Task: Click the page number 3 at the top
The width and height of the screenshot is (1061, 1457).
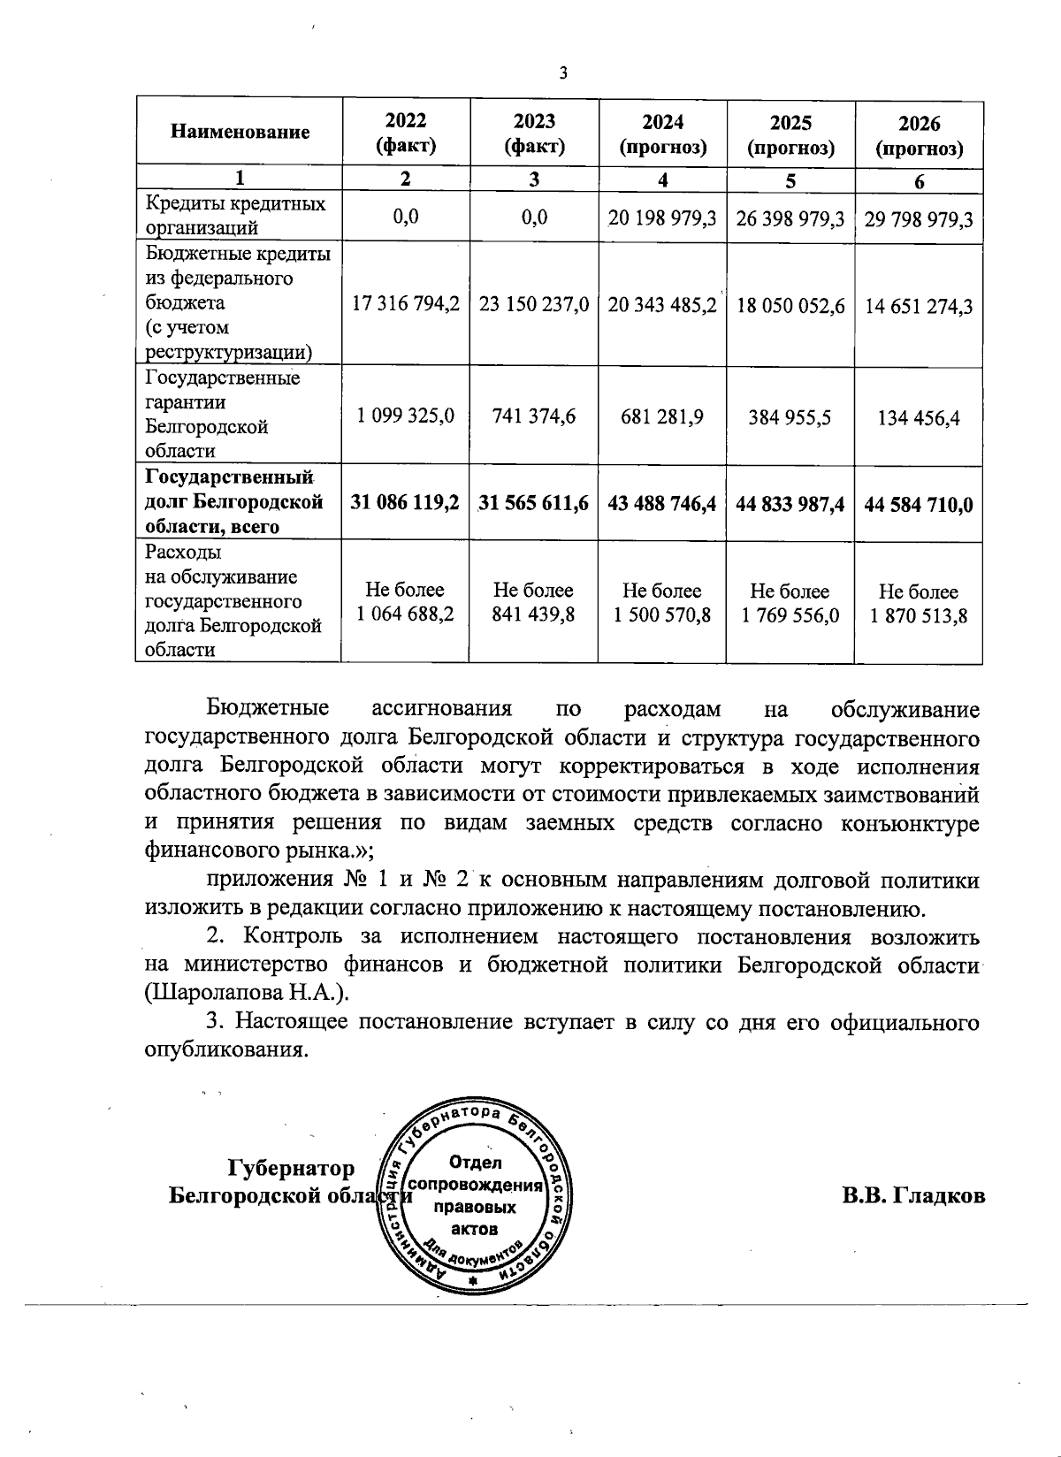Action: point(562,73)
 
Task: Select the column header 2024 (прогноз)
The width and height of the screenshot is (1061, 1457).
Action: point(662,134)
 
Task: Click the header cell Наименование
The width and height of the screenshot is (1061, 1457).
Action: point(240,133)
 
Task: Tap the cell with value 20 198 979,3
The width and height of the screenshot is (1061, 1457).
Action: point(662,217)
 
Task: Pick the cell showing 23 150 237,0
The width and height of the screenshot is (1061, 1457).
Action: point(534,305)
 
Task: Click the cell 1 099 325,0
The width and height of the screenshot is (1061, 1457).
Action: point(406,416)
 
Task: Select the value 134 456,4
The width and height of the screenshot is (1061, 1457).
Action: point(919,416)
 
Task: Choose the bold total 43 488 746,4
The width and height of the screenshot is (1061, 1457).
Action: point(662,504)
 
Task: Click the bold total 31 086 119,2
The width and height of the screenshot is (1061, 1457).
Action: point(406,503)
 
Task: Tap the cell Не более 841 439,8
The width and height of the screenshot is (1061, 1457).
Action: point(534,602)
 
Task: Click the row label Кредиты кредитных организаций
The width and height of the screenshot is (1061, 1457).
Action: point(236,216)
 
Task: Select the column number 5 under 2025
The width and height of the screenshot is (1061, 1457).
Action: point(790,180)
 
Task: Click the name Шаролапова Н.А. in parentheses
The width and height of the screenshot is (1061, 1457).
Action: point(248,992)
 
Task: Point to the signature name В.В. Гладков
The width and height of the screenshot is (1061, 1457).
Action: point(913,1196)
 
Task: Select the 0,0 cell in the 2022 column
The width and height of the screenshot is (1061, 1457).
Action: point(406,217)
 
